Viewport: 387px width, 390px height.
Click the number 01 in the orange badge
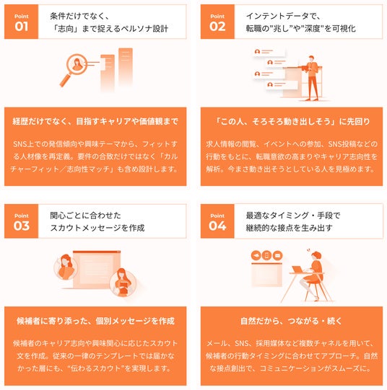tap(22, 27)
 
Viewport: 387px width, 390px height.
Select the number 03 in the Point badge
tap(22, 226)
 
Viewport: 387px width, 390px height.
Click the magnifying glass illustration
tap(74, 69)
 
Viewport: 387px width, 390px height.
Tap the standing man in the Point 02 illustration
tap(312, 78)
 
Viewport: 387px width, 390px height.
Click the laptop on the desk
tap(298, 270)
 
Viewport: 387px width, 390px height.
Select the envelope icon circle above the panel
tap(277, 255)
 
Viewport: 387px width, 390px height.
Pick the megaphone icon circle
tap(256, 255)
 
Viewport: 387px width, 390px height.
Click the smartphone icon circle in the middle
tap(266, 255)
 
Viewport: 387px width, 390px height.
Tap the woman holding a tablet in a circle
tap(123, 283)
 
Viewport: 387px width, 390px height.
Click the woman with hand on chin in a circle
tap(66, 267)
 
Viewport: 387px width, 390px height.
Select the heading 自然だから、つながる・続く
tap(292, 321)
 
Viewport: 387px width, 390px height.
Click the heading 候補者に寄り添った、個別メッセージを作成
tap(95, 321)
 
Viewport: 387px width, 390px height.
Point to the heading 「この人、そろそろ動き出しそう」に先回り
tap(292, 122)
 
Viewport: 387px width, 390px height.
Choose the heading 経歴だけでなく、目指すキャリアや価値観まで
tap(95, 122)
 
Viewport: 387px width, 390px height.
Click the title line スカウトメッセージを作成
tap(97, 228)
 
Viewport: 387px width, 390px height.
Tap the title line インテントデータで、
tap(283, 16)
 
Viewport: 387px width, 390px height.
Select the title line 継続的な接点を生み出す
tap(289, 228)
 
